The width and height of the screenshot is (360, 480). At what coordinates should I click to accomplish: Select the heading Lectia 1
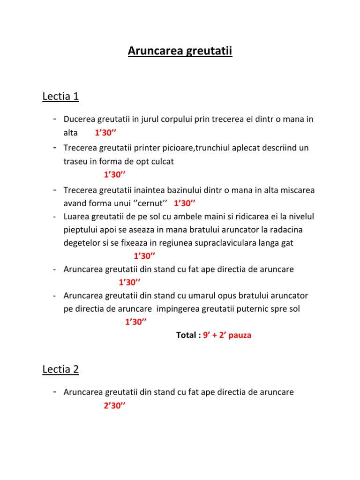tap(60, 97)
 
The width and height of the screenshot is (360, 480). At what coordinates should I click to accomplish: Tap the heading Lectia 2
tap(60, 369)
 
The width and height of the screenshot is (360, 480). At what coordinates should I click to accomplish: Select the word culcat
tap(166, 162)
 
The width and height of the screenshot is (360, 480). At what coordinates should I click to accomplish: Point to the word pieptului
tap(80, 230)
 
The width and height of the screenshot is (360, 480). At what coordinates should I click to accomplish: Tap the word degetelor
tap(81, 243)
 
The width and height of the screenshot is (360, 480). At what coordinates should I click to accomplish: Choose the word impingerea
tap(178, 309)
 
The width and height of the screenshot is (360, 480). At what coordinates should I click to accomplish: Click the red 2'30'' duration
tap(113, 406)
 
